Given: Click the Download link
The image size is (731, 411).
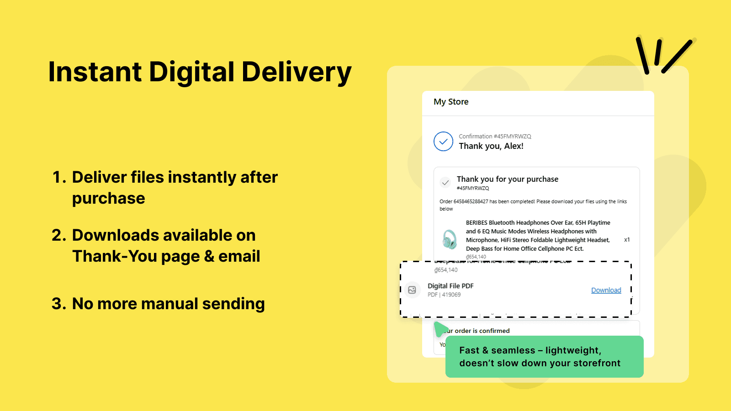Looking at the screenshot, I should [606, 290].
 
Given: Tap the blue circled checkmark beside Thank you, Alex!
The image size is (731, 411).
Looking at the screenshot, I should [443, 142].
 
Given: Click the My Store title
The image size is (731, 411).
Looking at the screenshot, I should [451, 102].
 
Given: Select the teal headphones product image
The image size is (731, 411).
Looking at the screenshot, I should [450, 239].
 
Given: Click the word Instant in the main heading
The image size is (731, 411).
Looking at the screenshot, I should [95, 72].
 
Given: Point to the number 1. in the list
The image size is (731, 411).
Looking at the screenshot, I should [59, 177].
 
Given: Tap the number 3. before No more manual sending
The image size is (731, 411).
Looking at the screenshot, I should [59, 304].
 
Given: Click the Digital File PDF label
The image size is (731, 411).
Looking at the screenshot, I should [450, 286].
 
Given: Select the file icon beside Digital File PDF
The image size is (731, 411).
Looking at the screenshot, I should [412, 290].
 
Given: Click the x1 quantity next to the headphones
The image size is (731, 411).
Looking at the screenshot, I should [627, 240].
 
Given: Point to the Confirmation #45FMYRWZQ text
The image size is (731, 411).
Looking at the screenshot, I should [495, 137].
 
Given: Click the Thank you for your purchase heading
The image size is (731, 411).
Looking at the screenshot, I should [507, 179].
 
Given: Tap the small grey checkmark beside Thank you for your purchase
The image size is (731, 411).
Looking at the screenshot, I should [445, 183].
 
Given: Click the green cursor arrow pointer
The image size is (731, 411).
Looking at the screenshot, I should [440, 329].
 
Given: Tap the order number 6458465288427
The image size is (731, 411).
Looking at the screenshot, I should [471, 201].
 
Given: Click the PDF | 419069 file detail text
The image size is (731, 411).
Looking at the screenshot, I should [444, 295].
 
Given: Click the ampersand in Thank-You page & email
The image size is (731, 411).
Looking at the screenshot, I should [209, 256].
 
